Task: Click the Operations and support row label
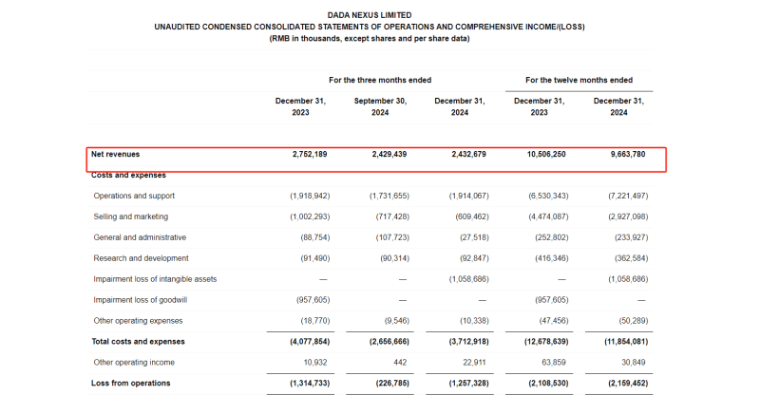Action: pyautogui.click(x=134, y=196)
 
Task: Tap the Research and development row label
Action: pyautogui.click(x=141, y=258)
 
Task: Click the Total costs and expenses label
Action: pyautogui.click(x=138, y=341)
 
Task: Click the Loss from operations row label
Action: pyautogui.click(x=130, y=383)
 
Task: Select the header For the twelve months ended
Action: pyautogui.click(x=579, y=80)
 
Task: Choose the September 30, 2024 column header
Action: pyautogui.click(x=380, y=105)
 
